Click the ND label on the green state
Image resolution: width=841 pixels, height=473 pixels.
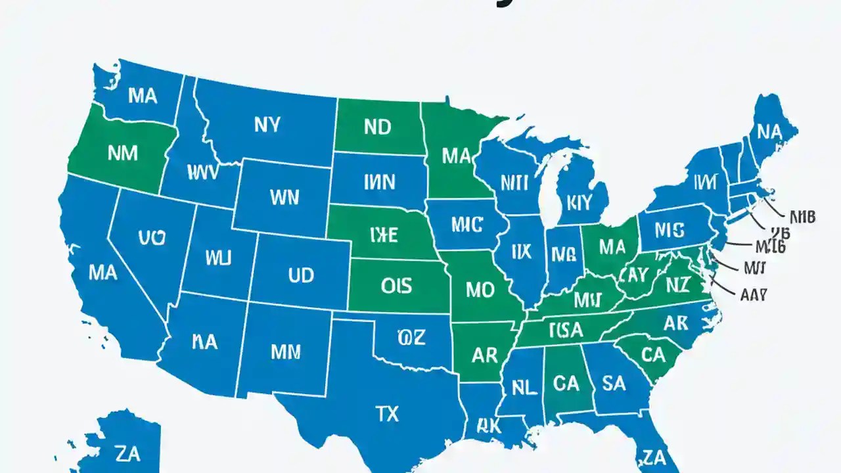click(x=377, y=127)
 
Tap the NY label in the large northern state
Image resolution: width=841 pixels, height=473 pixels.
click(x=267, y=124)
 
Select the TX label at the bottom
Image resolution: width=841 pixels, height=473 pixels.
click(x=387, y=413)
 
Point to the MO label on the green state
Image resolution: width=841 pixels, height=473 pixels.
click(x=480, y=290)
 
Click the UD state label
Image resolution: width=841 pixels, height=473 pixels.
click(x=301, y=275)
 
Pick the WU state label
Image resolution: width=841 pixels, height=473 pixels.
click(x=218, y=258)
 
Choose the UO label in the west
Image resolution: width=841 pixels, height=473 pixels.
click(x=152, y=238)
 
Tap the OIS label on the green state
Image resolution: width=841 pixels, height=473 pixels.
click(x=396, y=285)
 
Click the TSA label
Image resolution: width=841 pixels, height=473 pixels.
click(x=566, y=329)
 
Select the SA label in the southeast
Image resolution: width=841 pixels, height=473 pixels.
click(x=614, y=383)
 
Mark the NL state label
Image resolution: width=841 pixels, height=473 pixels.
click(x=524, y=387)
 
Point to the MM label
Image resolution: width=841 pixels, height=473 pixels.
click(x=286, y=351)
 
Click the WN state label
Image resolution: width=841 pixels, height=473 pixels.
click(x=284, y=196)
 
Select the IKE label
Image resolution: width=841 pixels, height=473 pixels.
click(x=384, y=235)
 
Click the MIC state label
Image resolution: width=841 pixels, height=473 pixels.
click(x=468, y=224)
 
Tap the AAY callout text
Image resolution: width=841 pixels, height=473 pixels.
click(x=754, y=295)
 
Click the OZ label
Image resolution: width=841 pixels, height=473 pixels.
click(x=411, y=338)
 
